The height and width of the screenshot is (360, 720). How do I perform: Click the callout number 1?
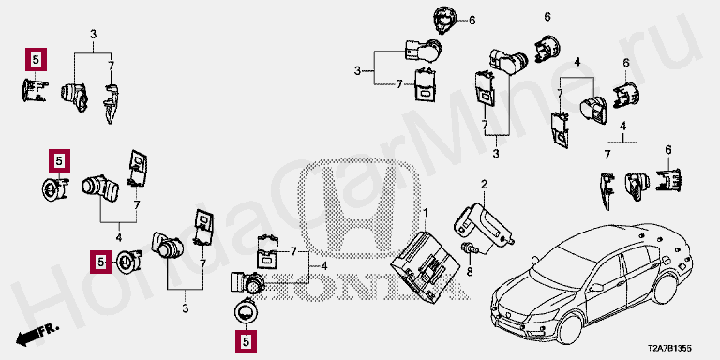(426, 213)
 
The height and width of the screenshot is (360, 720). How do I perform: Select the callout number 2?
(484, 185)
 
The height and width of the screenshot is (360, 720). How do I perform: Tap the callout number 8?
(470, 272)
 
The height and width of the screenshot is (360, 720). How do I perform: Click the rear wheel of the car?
(665, 289)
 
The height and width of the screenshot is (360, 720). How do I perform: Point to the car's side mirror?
(596, 287)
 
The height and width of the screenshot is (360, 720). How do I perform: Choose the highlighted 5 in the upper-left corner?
(37, 59)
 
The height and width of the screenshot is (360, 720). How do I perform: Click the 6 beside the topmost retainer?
(472, 20)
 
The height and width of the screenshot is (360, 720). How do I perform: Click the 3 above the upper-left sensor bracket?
(93, 34)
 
